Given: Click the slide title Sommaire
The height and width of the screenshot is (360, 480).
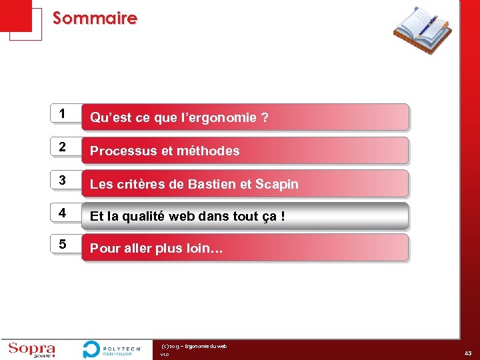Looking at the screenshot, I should [x=95, y=18].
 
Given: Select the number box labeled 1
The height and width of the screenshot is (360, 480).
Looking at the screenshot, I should [x=63, y=115].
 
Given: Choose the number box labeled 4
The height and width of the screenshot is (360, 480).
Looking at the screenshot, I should [x=63, y=213].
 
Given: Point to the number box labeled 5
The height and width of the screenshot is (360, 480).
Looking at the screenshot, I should [x=63, y=245].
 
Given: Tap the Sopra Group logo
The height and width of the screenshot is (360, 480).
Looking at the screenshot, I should [x=31, y=349].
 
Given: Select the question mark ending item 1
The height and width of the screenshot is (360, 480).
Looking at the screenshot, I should [x=265, y=118].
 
